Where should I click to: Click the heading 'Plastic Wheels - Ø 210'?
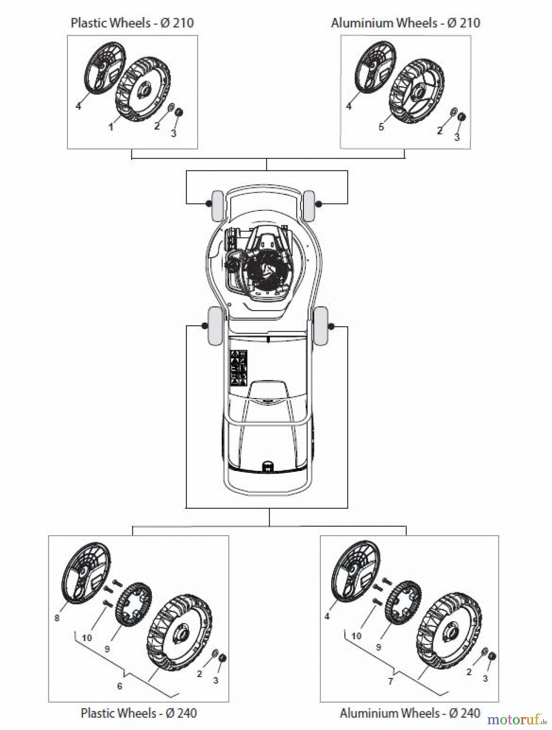click(x=132, y=23)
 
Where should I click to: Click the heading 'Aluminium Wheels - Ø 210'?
click(x=405, y=23)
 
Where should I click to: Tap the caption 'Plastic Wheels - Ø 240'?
click(x=139, y=713)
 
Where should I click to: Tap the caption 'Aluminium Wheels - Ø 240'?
click(x=410, y=713)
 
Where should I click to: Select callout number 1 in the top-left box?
click(x=111, y=127)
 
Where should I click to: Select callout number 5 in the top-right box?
click(x=381, y=127)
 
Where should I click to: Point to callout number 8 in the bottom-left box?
click(x=57, y=618)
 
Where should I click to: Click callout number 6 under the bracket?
click(x=119, y=686)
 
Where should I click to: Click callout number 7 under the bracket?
click(x=390, y=681)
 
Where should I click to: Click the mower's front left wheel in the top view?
click(x=217, y=206)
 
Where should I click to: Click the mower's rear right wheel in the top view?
click(x=321, y=326)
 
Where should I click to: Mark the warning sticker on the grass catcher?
click(x=239, y=367)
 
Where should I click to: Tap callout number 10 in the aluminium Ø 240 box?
click(x=356, y=636)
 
